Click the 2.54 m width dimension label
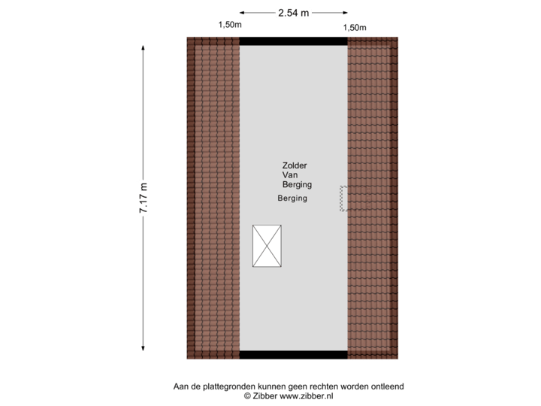point(294,12)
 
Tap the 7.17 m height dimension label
point(143,198)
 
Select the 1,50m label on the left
point(229,25)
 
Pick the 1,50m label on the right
point(355,28)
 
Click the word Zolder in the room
point(295,165)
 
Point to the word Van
point(290,174)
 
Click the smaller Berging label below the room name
point(292,198)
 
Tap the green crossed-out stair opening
point(267,245)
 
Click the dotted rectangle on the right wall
point(343,198)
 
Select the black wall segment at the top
point(293,41)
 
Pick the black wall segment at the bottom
point(293,355)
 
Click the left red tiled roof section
point(213,198)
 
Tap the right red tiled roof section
point(373,198)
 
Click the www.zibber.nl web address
point(306,395)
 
